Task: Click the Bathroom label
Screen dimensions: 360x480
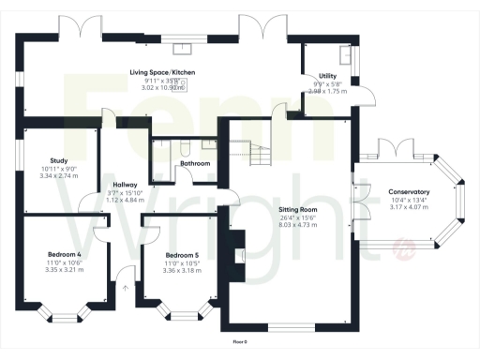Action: [x=195, y=163]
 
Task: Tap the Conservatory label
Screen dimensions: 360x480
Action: [x=409, y=192]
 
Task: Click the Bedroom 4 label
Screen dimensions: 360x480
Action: [x=65, y=254]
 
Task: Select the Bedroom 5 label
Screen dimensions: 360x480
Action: [x=182, y=254]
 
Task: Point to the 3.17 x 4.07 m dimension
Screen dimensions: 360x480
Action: [x=409, y=206]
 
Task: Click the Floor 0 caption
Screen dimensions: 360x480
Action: [x=240, y=341]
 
